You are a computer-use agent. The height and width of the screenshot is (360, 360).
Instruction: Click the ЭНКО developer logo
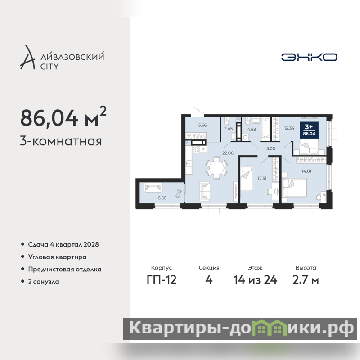(309, 57)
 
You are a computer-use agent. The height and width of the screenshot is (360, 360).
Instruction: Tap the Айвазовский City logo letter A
(28, 58)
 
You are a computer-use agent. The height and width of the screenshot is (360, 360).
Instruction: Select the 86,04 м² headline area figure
(63, 117)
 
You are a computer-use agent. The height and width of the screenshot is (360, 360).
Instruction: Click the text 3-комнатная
(61, 141)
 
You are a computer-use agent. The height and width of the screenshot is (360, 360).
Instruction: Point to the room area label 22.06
(228, 153)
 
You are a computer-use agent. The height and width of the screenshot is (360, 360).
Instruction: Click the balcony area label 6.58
(162, 198)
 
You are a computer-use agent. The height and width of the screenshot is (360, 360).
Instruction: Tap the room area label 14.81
(306, 171)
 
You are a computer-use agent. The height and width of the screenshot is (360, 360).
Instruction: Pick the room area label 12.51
(262, 178)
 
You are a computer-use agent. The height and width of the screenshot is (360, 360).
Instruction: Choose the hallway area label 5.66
(202, 125)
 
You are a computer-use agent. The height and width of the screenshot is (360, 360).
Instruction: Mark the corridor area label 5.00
(271, 148)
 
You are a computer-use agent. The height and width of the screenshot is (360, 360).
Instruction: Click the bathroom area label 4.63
(252, 130)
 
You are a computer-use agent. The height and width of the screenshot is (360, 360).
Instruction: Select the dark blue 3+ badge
(309, 130)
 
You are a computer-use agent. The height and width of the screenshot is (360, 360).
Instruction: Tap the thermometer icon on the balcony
(178, 193)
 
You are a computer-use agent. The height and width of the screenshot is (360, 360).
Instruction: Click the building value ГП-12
(162, 280)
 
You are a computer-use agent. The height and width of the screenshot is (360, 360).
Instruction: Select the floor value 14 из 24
(255, 280)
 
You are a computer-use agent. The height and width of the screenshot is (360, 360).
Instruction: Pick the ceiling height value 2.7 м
(306, 280)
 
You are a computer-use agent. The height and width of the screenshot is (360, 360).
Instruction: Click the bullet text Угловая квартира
(57, 257)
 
